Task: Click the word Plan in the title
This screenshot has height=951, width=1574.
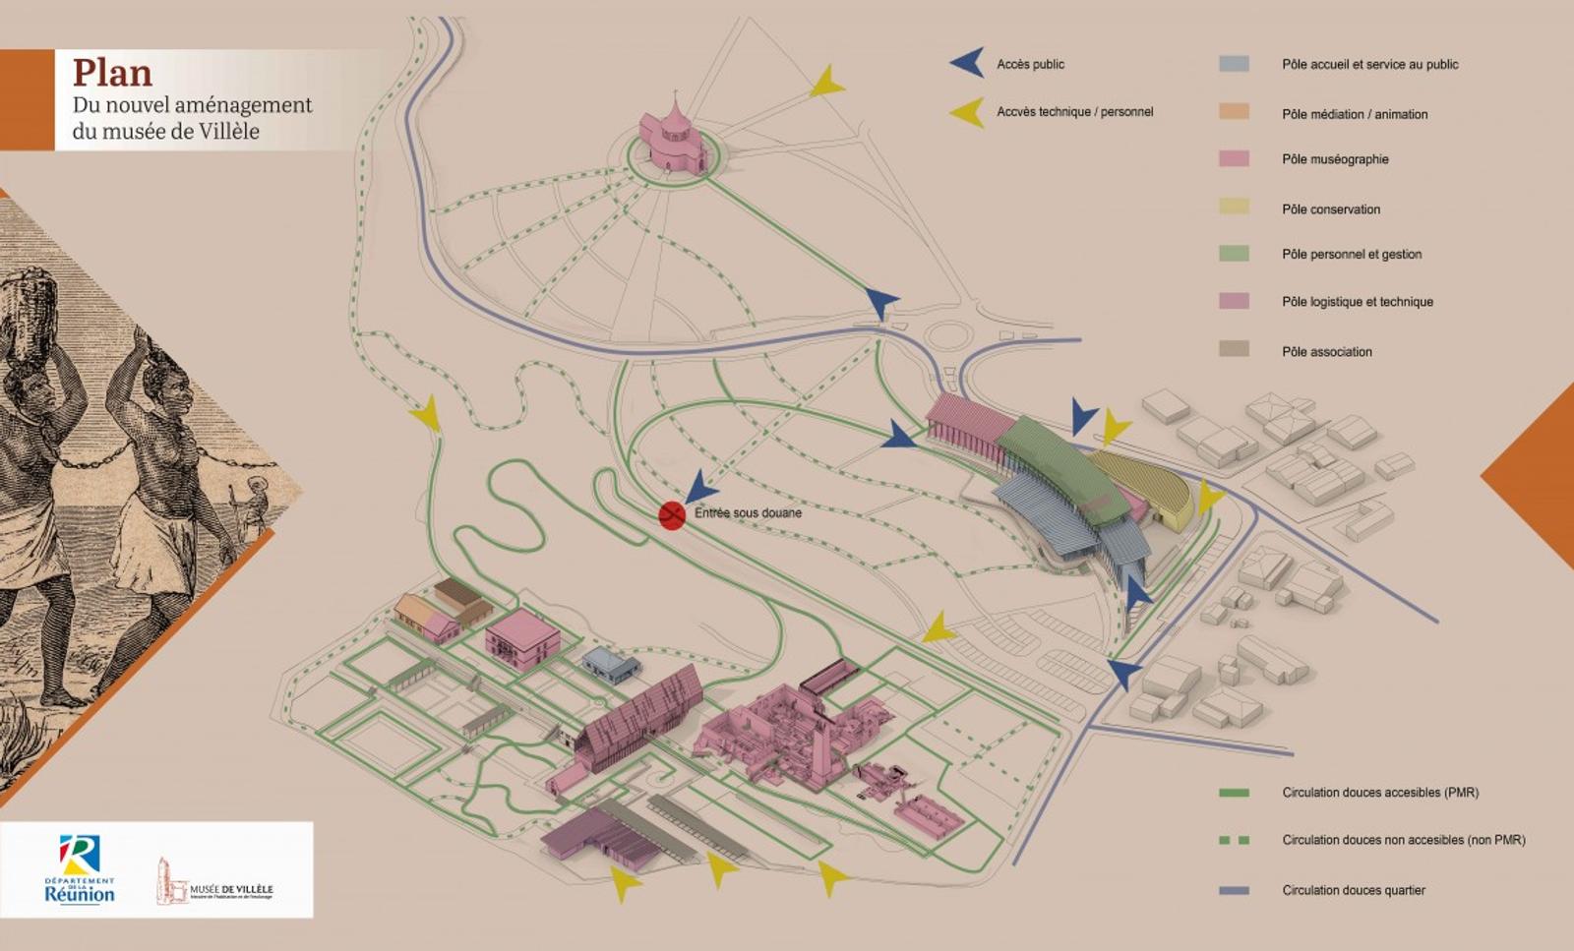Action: coord(112,73)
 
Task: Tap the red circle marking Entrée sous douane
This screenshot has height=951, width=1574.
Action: coord(672,514)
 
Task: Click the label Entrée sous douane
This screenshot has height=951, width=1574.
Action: coord(748,512)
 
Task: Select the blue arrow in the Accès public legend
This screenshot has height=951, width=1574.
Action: coord(967,63)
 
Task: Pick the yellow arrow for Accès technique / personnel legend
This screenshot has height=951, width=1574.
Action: coord(968,112)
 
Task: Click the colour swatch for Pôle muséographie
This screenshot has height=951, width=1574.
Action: coord(1234,158)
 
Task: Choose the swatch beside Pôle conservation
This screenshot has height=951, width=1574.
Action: coord(1234,207)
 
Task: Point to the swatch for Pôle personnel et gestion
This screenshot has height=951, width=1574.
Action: coord(1234,253)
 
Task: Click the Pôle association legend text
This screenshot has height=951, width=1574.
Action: coord(1326,351)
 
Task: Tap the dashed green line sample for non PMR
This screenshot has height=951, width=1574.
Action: coord(1234,840)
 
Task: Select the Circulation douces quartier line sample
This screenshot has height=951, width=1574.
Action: coord(1234,890)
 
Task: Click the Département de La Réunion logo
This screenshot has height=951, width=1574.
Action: coord(79,869)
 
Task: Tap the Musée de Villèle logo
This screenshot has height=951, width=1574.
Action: coord(215,881)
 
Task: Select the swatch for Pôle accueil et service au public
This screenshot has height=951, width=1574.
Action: coord(1234,64)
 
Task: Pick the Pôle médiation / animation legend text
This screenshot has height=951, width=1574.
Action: coord(1354,114)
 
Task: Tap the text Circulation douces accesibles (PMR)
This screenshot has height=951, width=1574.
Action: coord(1379,792)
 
